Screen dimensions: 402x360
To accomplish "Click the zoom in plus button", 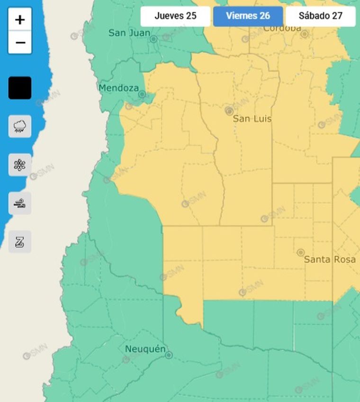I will [20, 19].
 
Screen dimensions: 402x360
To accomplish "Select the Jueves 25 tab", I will [175, 16].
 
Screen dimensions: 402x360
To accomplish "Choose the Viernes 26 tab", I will [248, 16].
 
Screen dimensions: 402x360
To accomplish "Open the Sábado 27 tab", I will [320, 16].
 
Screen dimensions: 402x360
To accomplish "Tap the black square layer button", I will [20, 88].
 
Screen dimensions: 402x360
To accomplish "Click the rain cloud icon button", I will [20, 126].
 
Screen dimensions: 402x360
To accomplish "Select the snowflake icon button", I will [20, 165].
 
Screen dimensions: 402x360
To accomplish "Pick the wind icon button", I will [20, 204].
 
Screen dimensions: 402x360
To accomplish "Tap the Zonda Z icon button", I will [20, 242].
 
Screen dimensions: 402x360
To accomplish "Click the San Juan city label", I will [129, 33].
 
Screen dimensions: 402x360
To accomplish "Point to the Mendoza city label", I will [118, 88].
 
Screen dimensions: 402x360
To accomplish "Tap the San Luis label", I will [252, 119].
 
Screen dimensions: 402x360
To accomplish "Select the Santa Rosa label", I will [330, 259].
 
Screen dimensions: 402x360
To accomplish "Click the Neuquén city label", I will [145, 349].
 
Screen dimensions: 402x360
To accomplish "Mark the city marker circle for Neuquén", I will [169, 355].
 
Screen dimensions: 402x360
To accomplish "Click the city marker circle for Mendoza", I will [142, 94].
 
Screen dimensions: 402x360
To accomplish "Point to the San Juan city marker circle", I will [153, 39].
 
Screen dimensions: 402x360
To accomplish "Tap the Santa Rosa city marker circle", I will [300, 252].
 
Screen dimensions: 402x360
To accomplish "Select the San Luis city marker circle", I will [229, 111].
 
